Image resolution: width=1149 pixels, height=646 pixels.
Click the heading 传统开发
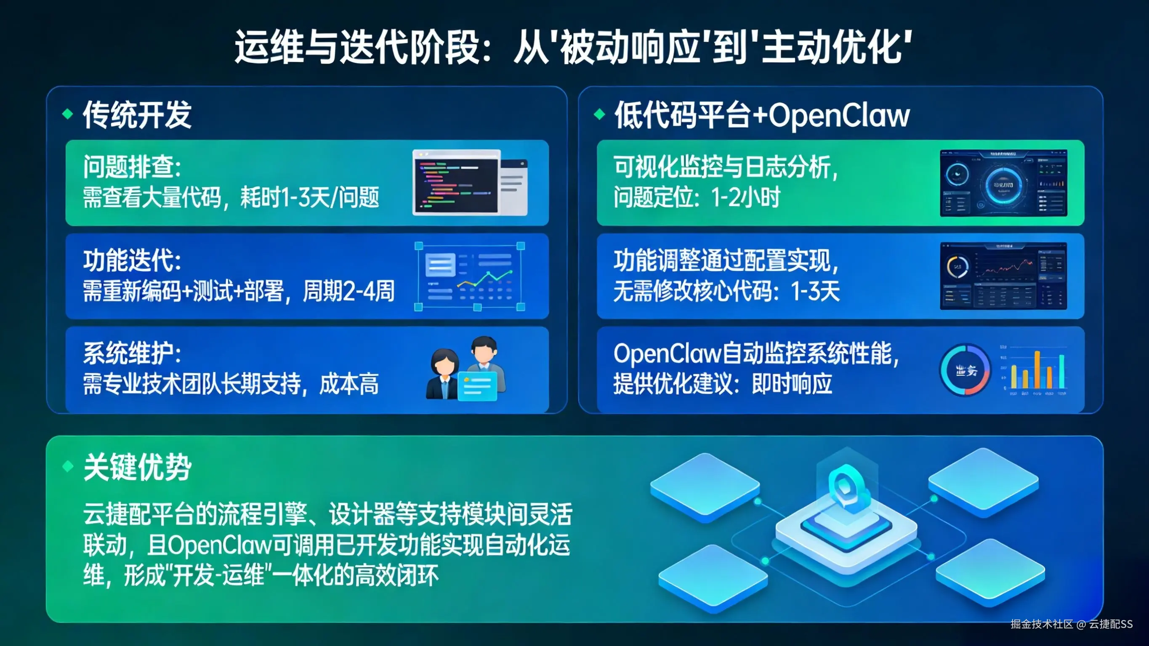click(x=137, y=115)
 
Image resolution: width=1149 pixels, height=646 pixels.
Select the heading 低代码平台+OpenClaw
click(x=762, y=115)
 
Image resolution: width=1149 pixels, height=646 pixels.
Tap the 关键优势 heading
click(x=137, y=467)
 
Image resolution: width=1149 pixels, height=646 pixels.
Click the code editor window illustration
click(x=470, y=183)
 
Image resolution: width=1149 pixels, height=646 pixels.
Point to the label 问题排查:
click(x=132, y=167)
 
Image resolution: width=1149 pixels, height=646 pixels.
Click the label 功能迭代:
click(x=132, y=261)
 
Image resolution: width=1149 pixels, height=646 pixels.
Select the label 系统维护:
click(x=132, y=354)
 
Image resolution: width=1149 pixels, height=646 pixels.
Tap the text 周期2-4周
click(x=348, y=291)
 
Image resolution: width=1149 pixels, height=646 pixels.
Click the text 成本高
click(x=349, y=384)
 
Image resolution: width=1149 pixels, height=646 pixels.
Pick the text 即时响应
click(x=792, y=384)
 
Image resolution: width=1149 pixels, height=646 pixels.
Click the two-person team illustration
click(x=466, y=369)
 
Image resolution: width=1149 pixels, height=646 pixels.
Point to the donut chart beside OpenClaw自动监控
click(x=965, y=370)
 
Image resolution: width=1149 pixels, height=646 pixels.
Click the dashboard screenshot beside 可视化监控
click(x=1003, y=183)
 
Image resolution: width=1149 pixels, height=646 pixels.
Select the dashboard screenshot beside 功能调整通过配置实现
click(x=1003, y=276)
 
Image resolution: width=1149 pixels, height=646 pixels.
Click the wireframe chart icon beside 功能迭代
click(x=470, y=276)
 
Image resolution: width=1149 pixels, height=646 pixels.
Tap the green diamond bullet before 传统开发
click(x=68, y=114)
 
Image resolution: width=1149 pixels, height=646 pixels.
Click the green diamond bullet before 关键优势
click(x=68, y=466)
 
